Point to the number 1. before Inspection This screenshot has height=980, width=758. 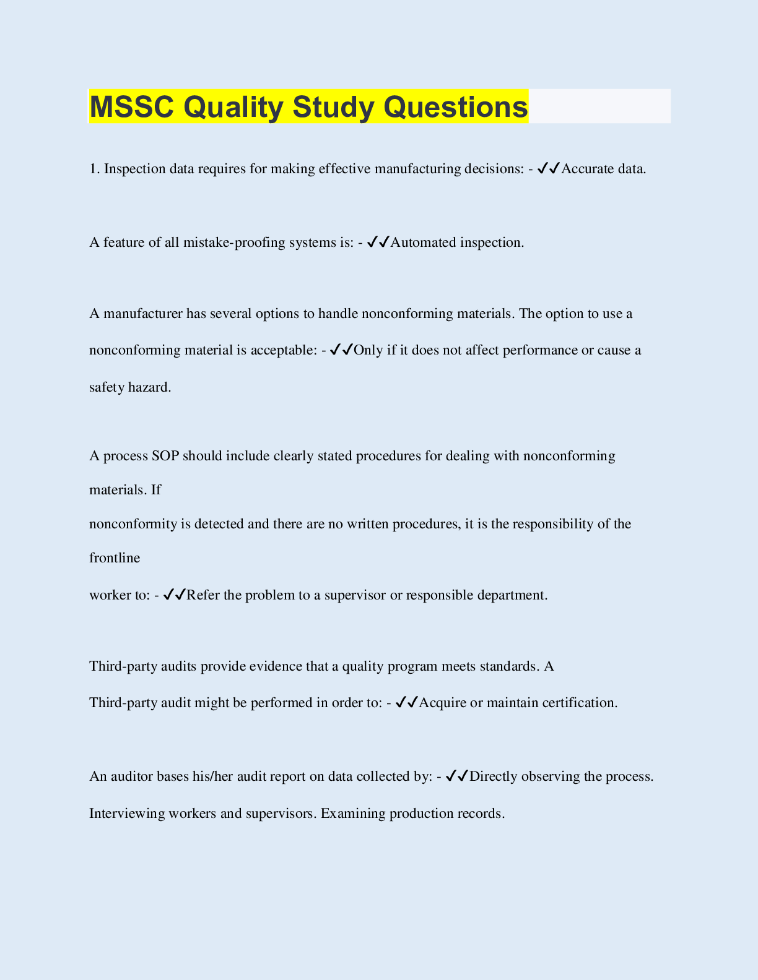tap(95, 169)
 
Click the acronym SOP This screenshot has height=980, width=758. tap(165, 456)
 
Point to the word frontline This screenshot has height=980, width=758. tap(115, 558)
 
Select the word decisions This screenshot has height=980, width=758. tap(494, 169)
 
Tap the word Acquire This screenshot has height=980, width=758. tap(443, 703)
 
